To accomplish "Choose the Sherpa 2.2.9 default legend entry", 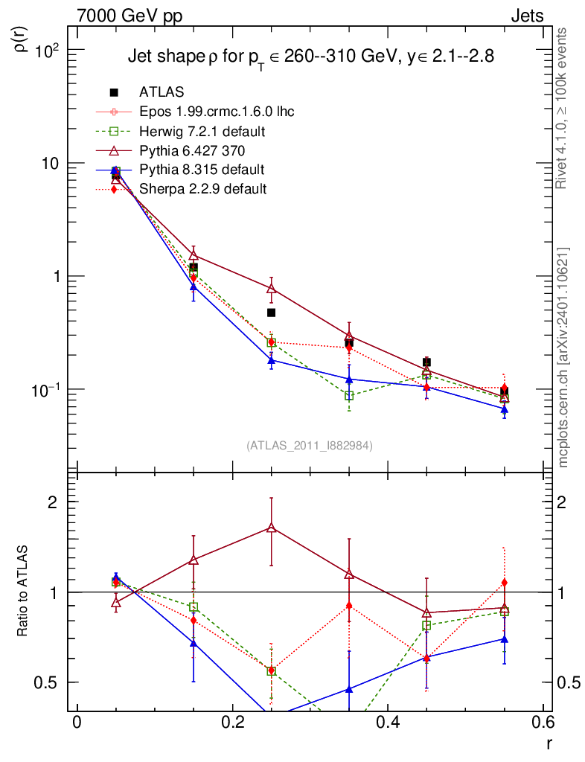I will click(x=202, y=189).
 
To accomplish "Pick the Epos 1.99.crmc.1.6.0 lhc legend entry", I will click(x=217, y=112).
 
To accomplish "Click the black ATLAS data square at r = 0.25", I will click(x=272, y=313).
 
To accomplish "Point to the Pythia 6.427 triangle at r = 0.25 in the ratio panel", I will click(x=272, y=528).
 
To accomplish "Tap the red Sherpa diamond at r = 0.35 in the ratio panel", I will click(x=349, y=606).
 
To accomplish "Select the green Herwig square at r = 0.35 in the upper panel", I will click(x=349, y=396).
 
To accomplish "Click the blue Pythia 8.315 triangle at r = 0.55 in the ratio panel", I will click(x=504, y=639).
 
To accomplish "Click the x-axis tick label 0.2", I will click(x=232, y=723).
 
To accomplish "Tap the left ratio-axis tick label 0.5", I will click(x=49, y=682).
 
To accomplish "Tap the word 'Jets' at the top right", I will click(x=526, y=16).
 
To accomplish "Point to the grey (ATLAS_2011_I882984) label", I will click(x=310, y=445).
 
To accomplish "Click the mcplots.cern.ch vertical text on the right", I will click(x=563, y=357).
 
